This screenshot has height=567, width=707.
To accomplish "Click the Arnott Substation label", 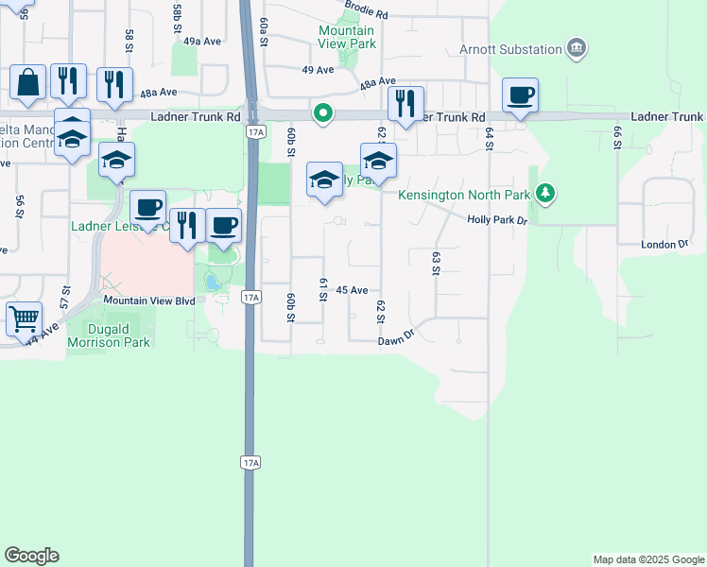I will pos(509,49).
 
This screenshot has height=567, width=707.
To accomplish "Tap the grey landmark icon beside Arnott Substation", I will pos(576,48).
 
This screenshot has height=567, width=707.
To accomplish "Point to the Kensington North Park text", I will pos(462,196).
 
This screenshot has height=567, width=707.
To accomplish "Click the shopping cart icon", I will pos(24,318).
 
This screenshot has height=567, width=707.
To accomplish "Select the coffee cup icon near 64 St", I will pos(520,95).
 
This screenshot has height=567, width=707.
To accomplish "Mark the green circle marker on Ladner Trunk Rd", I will pos(323,114).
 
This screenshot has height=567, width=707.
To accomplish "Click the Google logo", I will pos(31,556).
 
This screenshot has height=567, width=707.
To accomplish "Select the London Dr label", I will pos(664,244).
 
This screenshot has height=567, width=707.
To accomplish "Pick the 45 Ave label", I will pos(352,291).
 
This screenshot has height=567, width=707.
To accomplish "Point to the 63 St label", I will pos(437,263).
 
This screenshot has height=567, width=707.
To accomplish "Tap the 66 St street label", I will pos(617,135).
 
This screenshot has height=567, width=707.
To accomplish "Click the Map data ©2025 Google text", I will pos(647,559).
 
